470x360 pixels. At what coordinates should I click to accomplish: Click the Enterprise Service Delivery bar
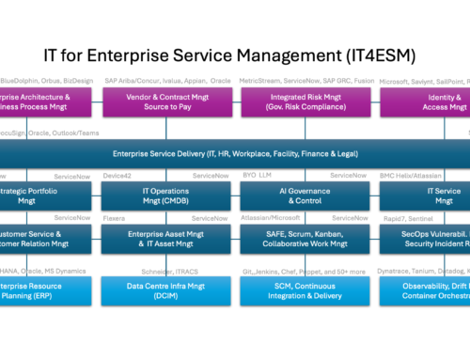tap(235, 152)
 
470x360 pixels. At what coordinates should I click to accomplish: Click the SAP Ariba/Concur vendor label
tap(167, 81)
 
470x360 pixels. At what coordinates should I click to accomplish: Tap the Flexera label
tap(115, 218)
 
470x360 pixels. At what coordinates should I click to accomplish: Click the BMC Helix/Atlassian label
tap(415, 176)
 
